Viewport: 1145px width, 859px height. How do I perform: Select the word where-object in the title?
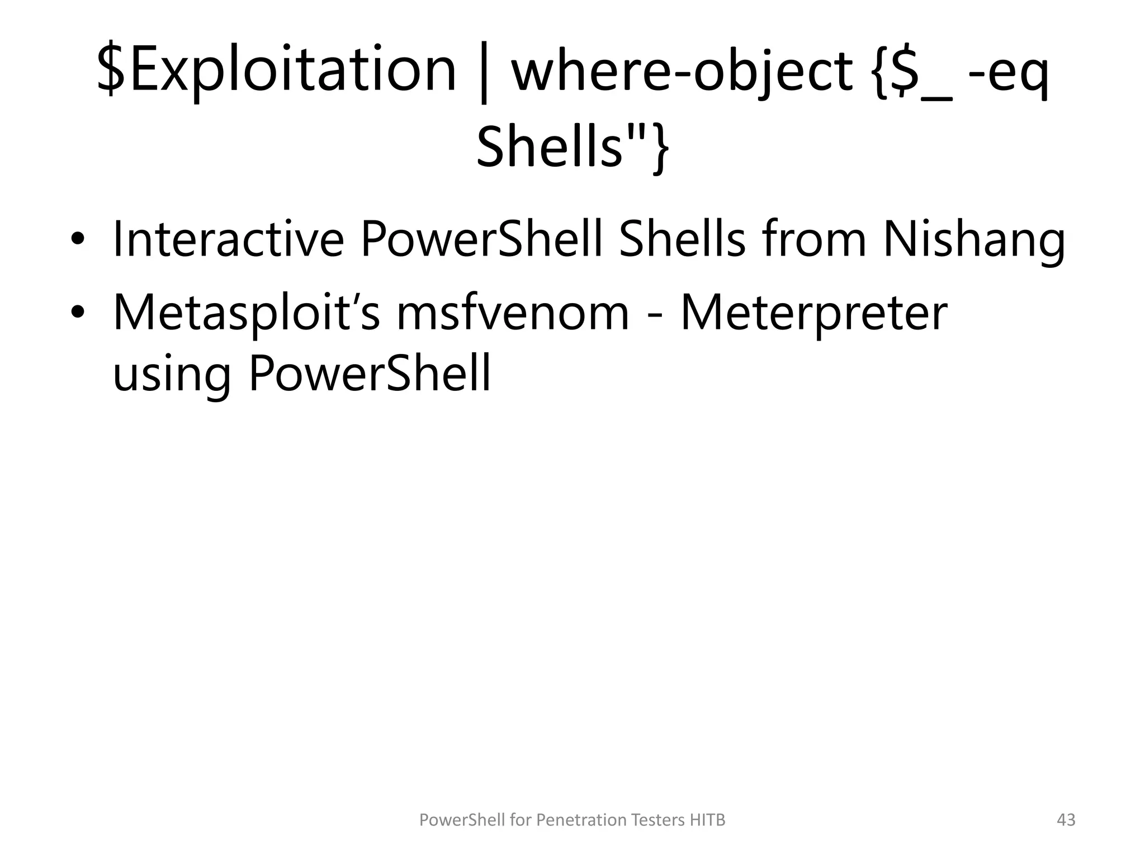[682, 70]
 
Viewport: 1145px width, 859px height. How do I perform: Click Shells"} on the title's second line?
[572, 147]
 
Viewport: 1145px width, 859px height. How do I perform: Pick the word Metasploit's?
[246, 313]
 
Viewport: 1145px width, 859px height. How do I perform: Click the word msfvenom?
[513, 313]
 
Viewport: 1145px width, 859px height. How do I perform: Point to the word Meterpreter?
[813, 313]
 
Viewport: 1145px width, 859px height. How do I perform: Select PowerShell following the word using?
[370, 374]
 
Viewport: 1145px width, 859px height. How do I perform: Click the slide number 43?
[1066, 820]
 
